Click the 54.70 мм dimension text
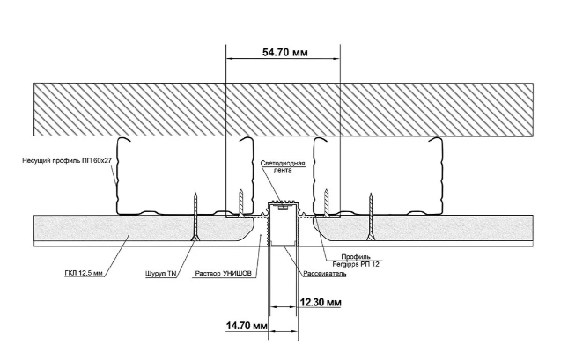[x=285, y=52]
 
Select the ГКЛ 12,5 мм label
[x=85, y=274]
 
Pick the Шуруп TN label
[x=159, y=274]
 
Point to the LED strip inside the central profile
[x=282, y=208]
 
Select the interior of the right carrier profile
[x=379, y=176]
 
